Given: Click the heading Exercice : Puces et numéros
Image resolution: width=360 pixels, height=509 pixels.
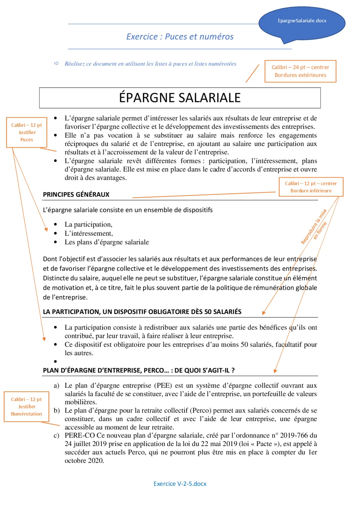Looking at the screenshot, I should pyautogui.click(x=180, y=37).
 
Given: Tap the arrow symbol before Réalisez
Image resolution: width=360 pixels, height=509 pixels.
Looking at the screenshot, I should pyautogui.click(x=56, y=64).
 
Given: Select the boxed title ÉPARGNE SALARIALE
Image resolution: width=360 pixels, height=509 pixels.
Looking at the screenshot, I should pyautogui.click(x=180, y=98).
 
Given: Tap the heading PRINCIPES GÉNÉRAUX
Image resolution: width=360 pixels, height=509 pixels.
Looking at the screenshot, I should pyautogui.click(x=76, y=194).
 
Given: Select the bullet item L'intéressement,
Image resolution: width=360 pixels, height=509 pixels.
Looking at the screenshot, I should pyautogui.click(x=89, y=233).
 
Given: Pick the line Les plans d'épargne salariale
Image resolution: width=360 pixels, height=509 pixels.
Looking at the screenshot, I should pyautogui.click(x=106, y=242).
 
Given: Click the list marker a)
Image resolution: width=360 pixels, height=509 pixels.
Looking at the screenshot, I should pyautogui.click(x=56, y=385).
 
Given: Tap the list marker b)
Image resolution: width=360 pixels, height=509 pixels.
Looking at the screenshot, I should pyautogui.click(x=56, y=410).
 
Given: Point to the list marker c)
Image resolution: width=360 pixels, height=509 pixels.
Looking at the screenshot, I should pyautogui.click(x=56, y=436).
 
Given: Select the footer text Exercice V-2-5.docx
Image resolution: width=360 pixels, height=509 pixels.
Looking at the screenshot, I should pyautogui.click(x=180, y=484).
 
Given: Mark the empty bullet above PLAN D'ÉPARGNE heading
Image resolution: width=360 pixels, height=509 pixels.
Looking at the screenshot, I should pyautogui.click(x=55, y=361).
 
